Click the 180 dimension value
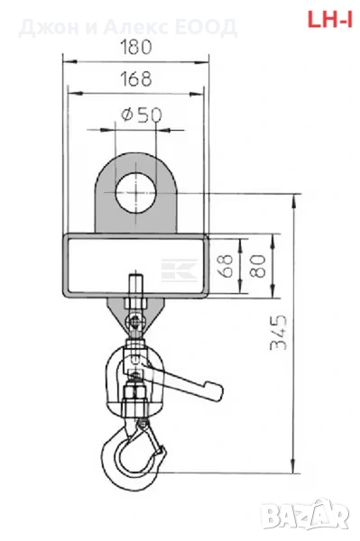136,47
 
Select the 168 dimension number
136,78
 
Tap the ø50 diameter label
142,115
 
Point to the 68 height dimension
226,266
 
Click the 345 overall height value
278,332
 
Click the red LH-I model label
330,19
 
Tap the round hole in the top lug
135,193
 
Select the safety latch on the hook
152,436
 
